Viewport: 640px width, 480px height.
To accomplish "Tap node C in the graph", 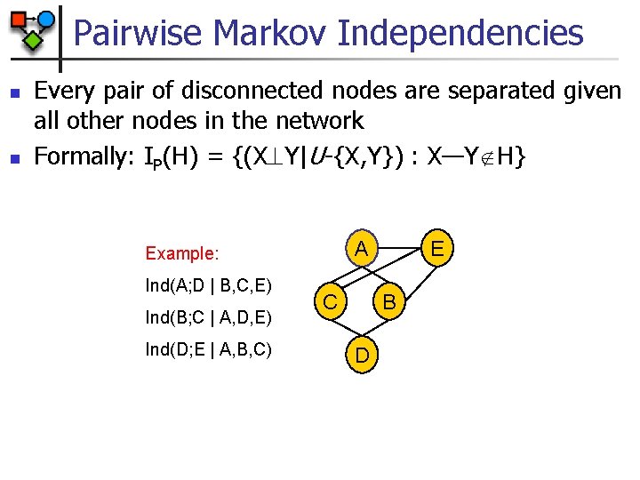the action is point(329,302).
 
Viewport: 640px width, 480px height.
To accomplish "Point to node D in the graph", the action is point(362,356).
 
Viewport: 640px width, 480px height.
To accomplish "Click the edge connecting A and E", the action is point(399,237).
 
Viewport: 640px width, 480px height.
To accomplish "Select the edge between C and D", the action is point(345,330).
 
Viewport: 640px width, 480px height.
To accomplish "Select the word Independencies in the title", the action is point(460,34).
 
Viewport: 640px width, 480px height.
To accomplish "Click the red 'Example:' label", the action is point(181,253).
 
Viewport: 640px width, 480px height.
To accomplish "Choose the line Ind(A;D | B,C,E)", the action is point(208,286).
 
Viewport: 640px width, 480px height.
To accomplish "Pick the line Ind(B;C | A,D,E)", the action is point(208,317).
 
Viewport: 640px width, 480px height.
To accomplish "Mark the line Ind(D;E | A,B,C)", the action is point(208,349).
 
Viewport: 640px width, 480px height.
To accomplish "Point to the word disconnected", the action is point(280,90).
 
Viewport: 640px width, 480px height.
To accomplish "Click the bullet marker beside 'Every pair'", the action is point(13,92).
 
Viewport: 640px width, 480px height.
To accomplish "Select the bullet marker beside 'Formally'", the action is point(13,159).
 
